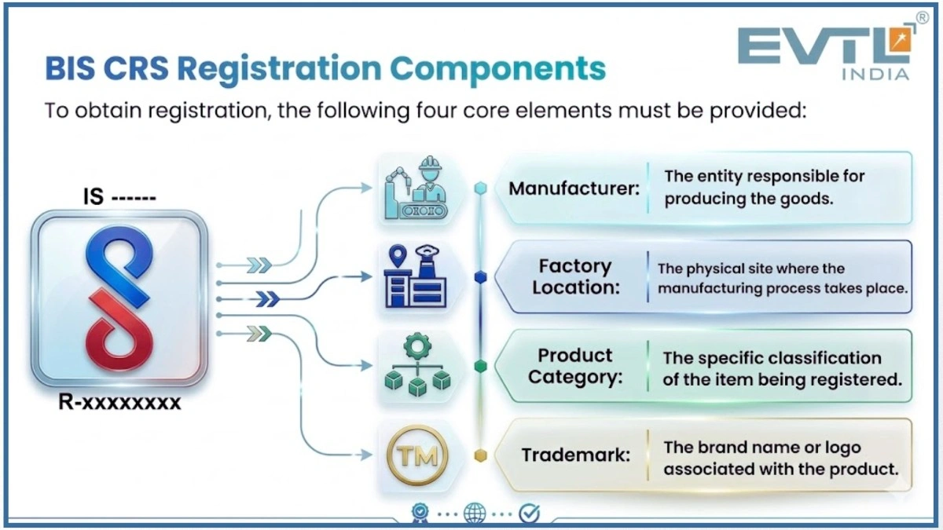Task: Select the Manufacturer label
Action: (574, 189)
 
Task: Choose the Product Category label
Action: (575, 366)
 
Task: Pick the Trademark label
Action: (575, 455)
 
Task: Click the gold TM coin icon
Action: (417, 455)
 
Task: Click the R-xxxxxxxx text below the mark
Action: (119, 404)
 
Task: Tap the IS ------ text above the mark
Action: (119, 196)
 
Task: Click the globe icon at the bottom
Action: (475, 514)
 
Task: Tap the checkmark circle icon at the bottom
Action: (530, 514)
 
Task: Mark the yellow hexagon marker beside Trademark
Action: (481, 455)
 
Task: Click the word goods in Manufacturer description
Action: (809, 199)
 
